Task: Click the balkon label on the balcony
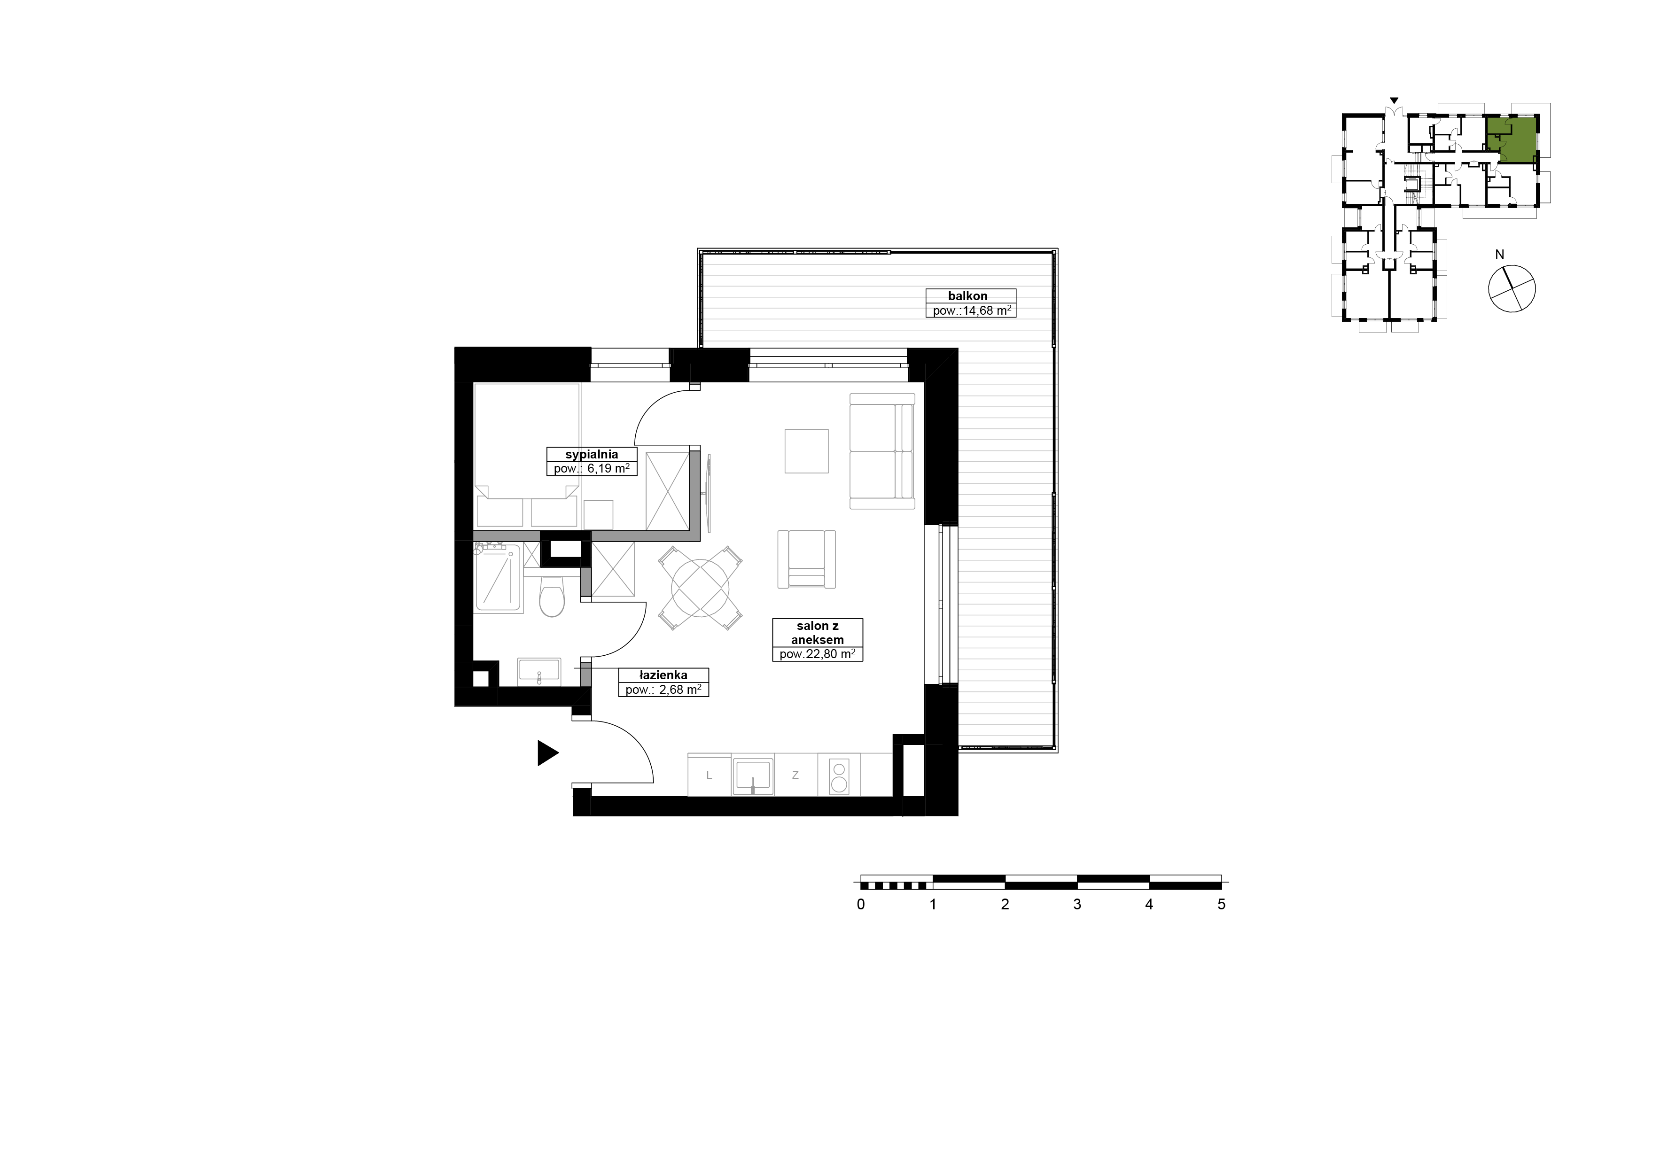click(968, 295)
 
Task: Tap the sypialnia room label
click(592, 454)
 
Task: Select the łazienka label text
click(663, 675)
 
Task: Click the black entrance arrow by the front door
click(547, 753)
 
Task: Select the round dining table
click(700, 589)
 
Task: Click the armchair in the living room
click(806, 559)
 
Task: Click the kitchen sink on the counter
click(753, 775)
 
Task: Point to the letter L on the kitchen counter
click(709, 775)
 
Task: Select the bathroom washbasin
click(539, 671)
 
